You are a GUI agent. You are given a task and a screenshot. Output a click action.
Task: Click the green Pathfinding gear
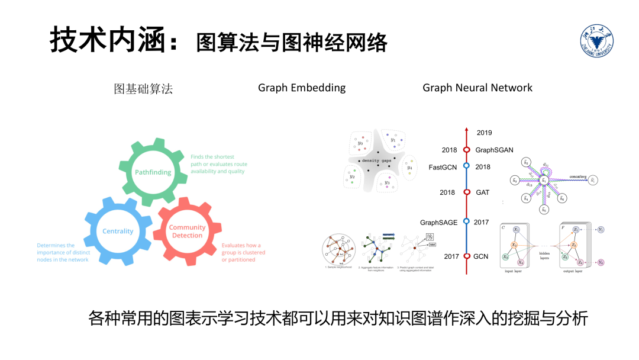153,172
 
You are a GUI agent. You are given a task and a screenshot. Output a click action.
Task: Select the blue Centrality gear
118,230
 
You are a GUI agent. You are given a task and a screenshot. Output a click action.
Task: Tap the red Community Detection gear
187,232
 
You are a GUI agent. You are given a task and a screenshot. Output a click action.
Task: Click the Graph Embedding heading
302,88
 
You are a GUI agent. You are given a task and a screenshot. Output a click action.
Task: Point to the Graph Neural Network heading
477,88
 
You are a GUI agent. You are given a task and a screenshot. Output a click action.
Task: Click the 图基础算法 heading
143,89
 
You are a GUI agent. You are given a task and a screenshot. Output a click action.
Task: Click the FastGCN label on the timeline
443,167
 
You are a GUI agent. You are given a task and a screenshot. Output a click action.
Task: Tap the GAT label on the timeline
483,192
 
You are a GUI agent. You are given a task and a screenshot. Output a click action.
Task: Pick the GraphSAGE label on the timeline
439,223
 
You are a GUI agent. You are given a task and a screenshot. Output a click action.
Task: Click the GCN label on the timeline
481,256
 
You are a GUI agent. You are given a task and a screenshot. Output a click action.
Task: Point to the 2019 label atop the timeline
484,133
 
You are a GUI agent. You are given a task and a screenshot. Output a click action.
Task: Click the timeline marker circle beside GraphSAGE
466,222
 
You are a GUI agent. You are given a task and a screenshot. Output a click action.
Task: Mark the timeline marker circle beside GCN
466,256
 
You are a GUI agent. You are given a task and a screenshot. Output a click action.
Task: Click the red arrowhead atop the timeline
466,130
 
